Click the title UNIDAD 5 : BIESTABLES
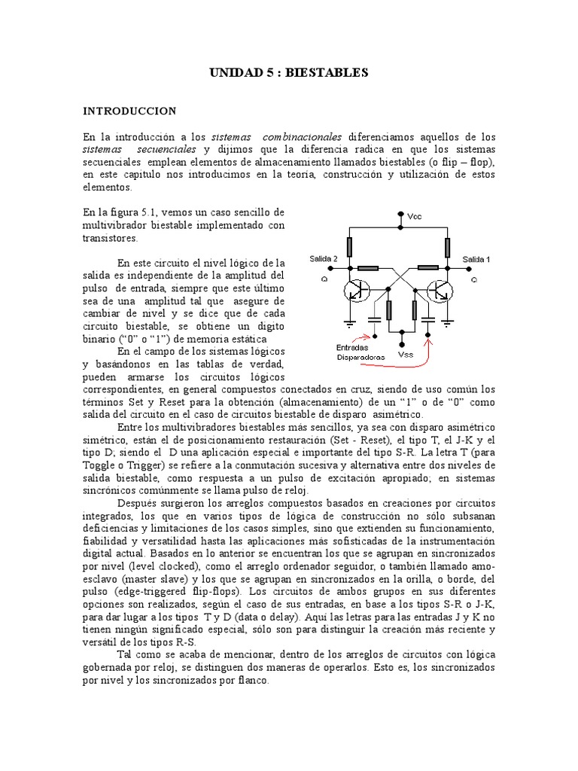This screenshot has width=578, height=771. pyautogui.click(x=287, y=73)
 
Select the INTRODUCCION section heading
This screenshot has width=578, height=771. pyautogui.click(x=129, y=111)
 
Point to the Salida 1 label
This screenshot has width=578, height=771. pyautogui.click(x=476, y=259)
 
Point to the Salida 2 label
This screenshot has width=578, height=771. pyautogui.click(x=324, y=259)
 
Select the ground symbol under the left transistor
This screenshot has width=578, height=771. pyautogui.click(x=348, y=324)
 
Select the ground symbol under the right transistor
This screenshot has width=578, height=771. pyautogui.click(x=448, y=324)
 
